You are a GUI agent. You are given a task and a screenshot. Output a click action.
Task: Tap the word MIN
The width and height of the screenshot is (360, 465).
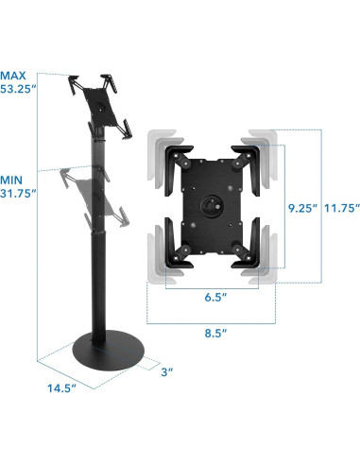click(x=13, y=177)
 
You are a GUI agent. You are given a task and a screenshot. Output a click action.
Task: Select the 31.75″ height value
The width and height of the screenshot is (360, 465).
click(x=20, y=193)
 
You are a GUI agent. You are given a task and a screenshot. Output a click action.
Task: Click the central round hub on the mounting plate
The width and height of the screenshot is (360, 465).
click(x=208, y=202)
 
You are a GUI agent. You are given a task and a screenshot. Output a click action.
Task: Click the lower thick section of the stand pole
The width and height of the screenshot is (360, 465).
click(x=98, y=284)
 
